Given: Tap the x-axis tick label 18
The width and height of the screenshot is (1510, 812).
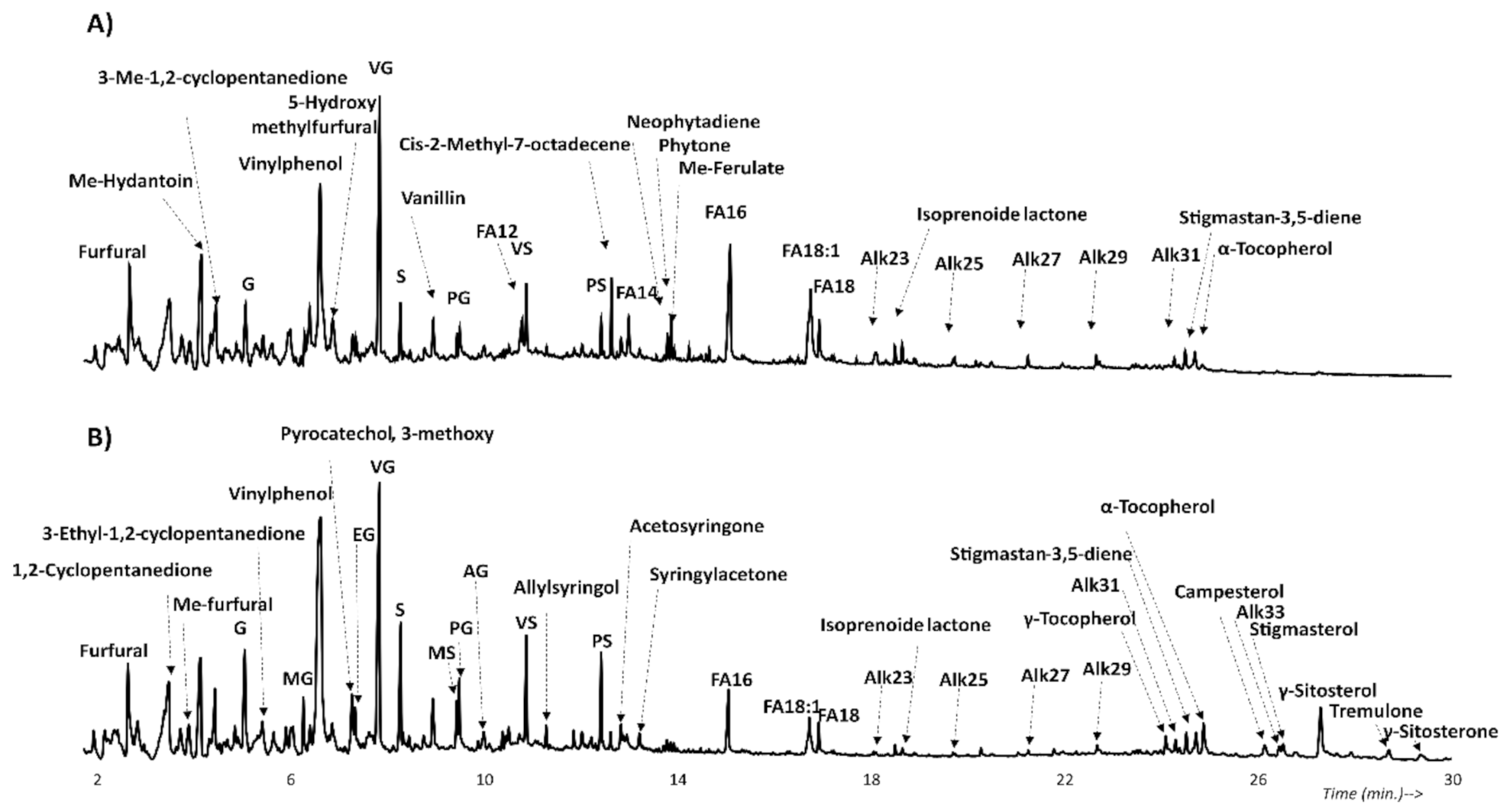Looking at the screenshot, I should click(871, 780).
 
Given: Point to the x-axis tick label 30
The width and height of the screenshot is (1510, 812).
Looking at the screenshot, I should click(1451, 780).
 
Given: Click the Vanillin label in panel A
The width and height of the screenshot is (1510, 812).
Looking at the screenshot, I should click(433, 199).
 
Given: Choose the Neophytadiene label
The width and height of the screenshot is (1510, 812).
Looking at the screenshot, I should click(693, 122).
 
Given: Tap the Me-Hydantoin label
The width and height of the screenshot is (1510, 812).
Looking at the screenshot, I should click(131, 182).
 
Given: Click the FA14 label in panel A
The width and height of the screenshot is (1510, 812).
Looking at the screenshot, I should click(636, 293).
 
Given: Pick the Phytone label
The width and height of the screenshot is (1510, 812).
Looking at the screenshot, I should click(694, 145).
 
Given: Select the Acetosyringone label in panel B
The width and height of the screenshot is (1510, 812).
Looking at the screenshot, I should click(697, 526).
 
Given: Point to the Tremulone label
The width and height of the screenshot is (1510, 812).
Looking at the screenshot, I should click(1376, 712).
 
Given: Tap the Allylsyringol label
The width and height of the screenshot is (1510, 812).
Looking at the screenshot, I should click(566, 588).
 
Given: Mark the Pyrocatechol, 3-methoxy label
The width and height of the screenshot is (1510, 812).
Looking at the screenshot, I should click(387, 434).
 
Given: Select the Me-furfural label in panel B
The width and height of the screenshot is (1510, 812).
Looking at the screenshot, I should click(222, 605).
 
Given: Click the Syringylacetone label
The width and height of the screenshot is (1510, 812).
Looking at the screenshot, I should click(718, 574).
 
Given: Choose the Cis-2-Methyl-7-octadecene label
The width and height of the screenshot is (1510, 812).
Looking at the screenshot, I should click(515, 145).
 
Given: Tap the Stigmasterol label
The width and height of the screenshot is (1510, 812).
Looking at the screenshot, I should click(1304, 629).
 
